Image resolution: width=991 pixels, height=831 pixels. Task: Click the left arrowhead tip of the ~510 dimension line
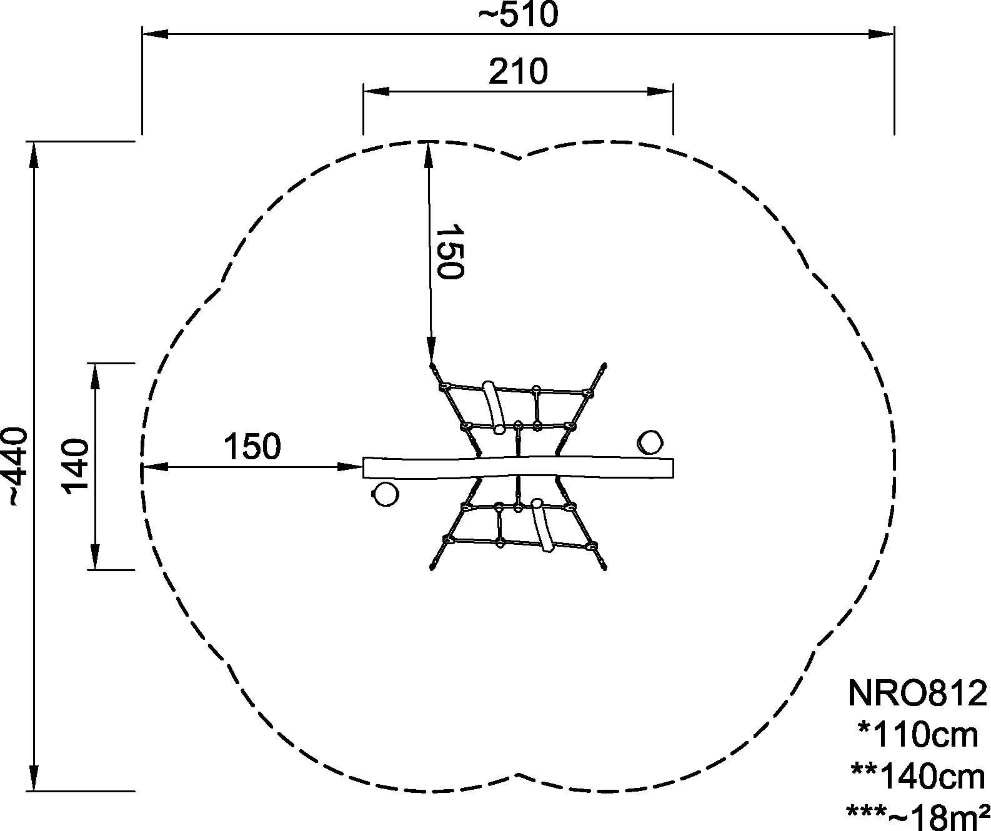[142, 34]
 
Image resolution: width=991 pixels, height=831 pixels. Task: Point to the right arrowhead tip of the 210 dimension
[673, 92]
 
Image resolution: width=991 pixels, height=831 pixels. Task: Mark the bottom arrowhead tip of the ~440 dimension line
[34, 791]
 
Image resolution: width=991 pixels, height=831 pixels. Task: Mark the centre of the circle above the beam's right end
[649, 442]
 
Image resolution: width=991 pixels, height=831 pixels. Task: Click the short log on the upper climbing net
[493, 407]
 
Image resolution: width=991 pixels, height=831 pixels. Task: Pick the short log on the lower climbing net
[542, 525]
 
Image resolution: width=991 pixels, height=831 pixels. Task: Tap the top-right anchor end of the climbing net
[605, 365]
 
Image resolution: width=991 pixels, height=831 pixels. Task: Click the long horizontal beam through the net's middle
[518, 467]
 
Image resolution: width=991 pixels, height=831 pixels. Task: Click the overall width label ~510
[518, 15]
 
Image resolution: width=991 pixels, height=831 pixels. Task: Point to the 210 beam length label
[518, 72]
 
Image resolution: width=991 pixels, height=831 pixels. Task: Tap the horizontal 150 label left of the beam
[252, 447]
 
